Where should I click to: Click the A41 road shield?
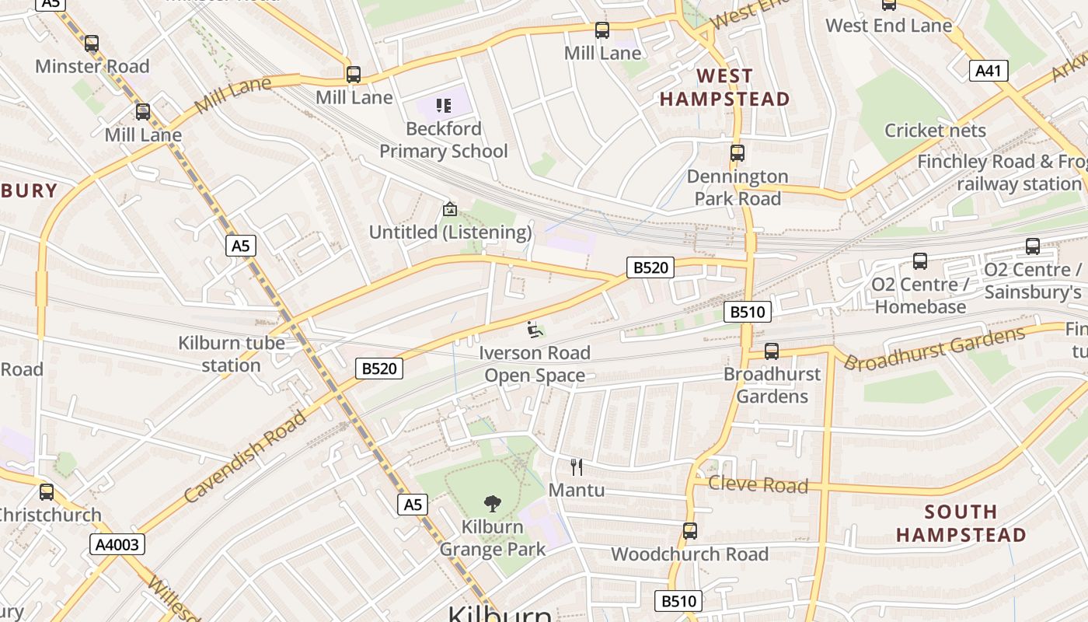coord(988,72)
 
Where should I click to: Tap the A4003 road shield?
coord(117,544)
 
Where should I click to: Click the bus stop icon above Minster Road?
coord(92,44)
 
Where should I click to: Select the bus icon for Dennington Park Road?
coord(737,153)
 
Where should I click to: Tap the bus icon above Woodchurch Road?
coord(689,531)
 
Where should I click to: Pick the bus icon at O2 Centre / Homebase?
coord(920,261)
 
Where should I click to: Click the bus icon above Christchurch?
coord(47,491)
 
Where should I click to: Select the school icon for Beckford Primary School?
coord(443,106)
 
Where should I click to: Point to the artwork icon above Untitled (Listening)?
coord(449,209)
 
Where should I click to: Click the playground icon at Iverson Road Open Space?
coord(535,330)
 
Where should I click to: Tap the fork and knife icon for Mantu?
coord(576,466)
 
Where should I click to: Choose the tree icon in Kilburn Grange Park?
coord(492,503)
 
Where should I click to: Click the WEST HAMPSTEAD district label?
coord(724,87)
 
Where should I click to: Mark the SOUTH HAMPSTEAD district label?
coord(961,523)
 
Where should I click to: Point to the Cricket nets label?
coord(935,130)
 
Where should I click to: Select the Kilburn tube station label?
coord(232,354)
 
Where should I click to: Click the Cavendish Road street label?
coord(247,456)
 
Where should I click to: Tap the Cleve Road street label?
coord(758,485)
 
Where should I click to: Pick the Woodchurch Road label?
coord(689,554)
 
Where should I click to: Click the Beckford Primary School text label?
coord(443,140)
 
